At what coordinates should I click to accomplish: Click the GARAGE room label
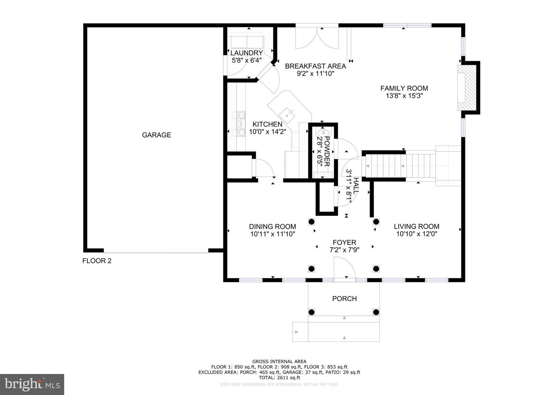point(156,135)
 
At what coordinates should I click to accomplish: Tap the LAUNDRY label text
point(247,53)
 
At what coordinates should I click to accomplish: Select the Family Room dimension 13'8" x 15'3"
point(404,95)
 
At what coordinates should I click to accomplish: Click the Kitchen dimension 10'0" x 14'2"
point(267,132)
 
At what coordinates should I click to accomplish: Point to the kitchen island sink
point(288,114)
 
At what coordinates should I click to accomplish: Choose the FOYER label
point(344,243)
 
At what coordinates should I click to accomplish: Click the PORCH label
point(344,298)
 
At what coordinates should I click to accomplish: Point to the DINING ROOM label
point(273,227)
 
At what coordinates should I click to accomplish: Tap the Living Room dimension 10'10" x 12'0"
point(417,234)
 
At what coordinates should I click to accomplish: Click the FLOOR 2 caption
point(97,261)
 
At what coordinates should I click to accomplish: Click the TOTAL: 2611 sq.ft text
point(279,378)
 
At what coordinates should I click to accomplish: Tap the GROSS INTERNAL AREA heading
point(279,362)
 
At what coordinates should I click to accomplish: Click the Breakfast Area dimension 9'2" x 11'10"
point(315,73)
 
